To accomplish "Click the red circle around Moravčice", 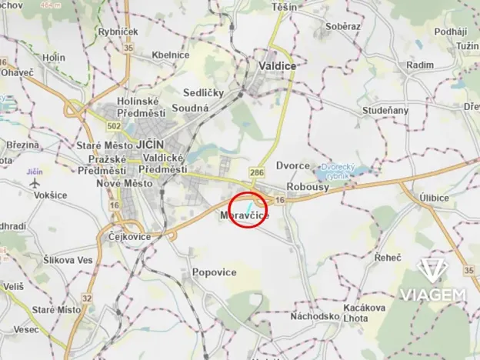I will (248, 210).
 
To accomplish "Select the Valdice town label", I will (278, 66).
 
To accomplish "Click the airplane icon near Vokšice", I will (33, 183).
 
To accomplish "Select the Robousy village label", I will (307, 187).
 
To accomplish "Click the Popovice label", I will (213, 272).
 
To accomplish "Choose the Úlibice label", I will (435, 198).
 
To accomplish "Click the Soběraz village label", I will (342, 26).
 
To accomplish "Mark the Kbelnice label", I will (171, 55).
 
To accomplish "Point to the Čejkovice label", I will (128, 236).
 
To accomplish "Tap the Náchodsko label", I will (315, 316).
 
